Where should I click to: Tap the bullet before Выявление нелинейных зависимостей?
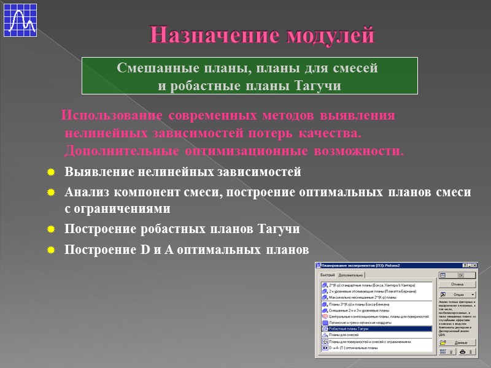point(52,172)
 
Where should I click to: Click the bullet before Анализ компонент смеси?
point(52,193)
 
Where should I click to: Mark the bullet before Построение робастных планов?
point(52,230)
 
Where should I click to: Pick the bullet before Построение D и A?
point(52,250)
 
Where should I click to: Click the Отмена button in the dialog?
point(457,285)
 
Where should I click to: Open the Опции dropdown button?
point(457,295)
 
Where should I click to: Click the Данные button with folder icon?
point(457,342)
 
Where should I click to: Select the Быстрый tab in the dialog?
point(328,275)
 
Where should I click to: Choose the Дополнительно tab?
point(351,275)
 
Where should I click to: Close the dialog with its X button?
point(474,266)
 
